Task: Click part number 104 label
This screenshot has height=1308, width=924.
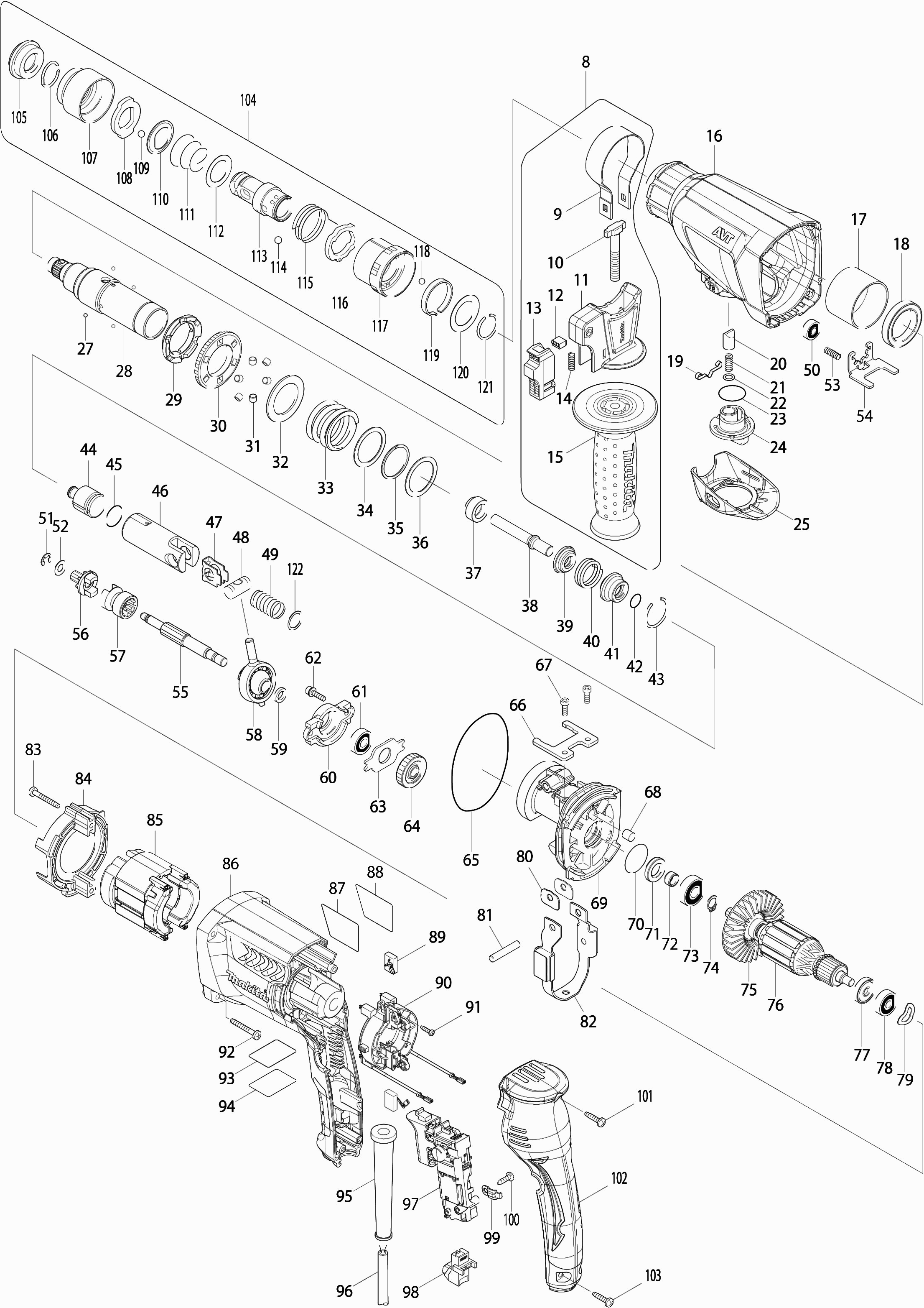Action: click(x=248, y=100)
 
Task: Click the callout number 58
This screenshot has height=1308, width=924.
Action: click(x=254, y=734)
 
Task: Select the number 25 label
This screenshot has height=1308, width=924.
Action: click(x=801, y=524)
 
